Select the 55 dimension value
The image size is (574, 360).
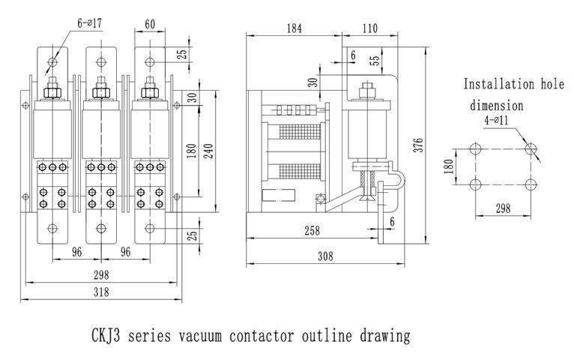click(375, 58)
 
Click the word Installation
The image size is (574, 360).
click(495, 84)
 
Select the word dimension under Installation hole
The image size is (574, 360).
click(496, 106)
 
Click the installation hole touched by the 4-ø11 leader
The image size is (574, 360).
click(531, 148)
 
